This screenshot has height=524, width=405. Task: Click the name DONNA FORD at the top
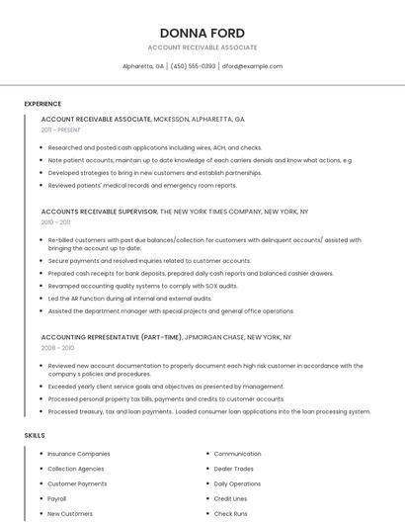pos(202,33)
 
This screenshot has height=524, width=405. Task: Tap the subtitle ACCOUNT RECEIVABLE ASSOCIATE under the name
pos(202,47)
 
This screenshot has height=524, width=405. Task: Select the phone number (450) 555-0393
pos(193,66)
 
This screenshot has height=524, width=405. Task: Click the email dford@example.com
pos(252,66)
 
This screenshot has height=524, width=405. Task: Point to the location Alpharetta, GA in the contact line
pos(143,66)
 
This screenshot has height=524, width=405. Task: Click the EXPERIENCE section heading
pos(42,104)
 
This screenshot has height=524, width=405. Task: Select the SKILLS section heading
pos(35,435)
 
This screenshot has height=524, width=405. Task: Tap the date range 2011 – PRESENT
pos(60,130)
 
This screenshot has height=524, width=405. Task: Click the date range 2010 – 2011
pos(56,222)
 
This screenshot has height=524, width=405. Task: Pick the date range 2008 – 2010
pos(57,348)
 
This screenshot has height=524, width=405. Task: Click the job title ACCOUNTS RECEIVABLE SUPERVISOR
pos(99,212)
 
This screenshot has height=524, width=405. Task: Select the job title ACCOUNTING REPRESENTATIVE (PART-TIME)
pos(112,337)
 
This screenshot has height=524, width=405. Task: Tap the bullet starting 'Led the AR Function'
pos(129,298)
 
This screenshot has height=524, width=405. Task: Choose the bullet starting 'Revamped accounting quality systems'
pos(142,286)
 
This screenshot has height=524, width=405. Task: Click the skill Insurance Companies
pos(79,454)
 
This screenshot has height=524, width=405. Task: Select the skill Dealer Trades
pos(233,469)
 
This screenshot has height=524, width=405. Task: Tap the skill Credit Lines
pos(230,499)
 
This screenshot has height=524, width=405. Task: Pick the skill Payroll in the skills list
pos(57,499)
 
